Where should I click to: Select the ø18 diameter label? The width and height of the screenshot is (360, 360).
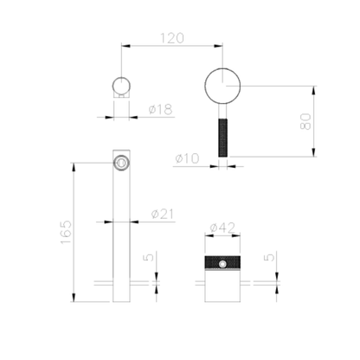click(160, 109)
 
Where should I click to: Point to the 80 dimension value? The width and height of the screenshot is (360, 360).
click(305, 120)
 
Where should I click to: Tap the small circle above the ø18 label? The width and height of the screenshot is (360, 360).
click(121, 87)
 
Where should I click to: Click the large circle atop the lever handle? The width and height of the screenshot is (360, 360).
click(224, 87)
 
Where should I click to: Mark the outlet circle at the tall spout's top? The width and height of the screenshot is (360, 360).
click(121, 162)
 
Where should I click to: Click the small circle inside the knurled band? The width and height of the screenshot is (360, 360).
click(224, 263)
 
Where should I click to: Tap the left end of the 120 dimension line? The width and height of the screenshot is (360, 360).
click(121, 44)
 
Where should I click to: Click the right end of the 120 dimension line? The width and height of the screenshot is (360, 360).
click(224, 44)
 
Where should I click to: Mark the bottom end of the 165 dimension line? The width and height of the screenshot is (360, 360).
click(76, 301)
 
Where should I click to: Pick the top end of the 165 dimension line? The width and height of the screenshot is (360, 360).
click(76, 162)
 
